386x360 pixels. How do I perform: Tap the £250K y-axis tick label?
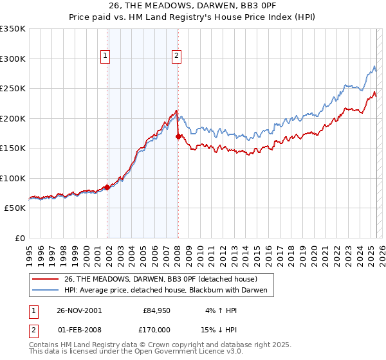pyautogui.click(x=13, y=89)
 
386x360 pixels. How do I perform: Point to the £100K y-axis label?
pyautogui.click(x=13, y=178)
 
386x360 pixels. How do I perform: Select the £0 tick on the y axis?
pyautogui.click(x=19, y=238)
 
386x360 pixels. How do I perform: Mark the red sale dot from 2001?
pyautogui.click(x=107, y=188)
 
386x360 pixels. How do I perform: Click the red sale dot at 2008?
pyautogui.click(x=178, y=136)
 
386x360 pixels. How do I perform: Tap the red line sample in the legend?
pyautogui.click(x=46, y=279)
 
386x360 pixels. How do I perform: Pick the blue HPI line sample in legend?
pyautogui.click(x=46, y=291)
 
